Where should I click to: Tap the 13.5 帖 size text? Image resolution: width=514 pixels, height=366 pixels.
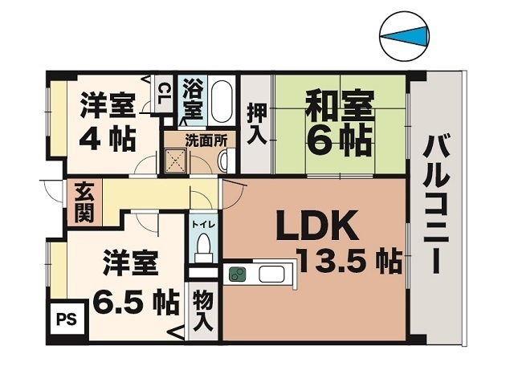(x=349, y=261)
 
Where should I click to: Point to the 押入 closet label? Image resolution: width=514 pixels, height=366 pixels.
(x=256, y=123)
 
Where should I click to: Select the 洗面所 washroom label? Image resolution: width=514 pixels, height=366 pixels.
(x=206, y=139)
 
